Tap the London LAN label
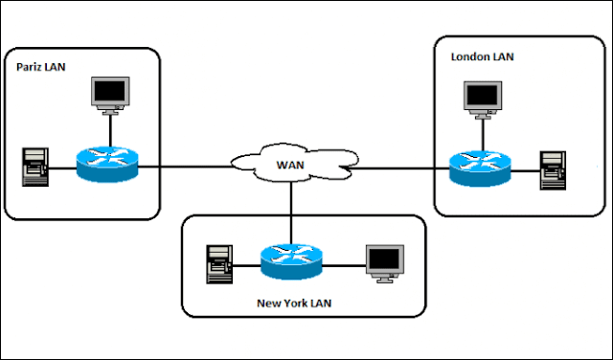482,57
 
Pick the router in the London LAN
480,167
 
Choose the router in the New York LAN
290,258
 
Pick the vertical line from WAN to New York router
290,213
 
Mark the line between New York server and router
244,259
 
